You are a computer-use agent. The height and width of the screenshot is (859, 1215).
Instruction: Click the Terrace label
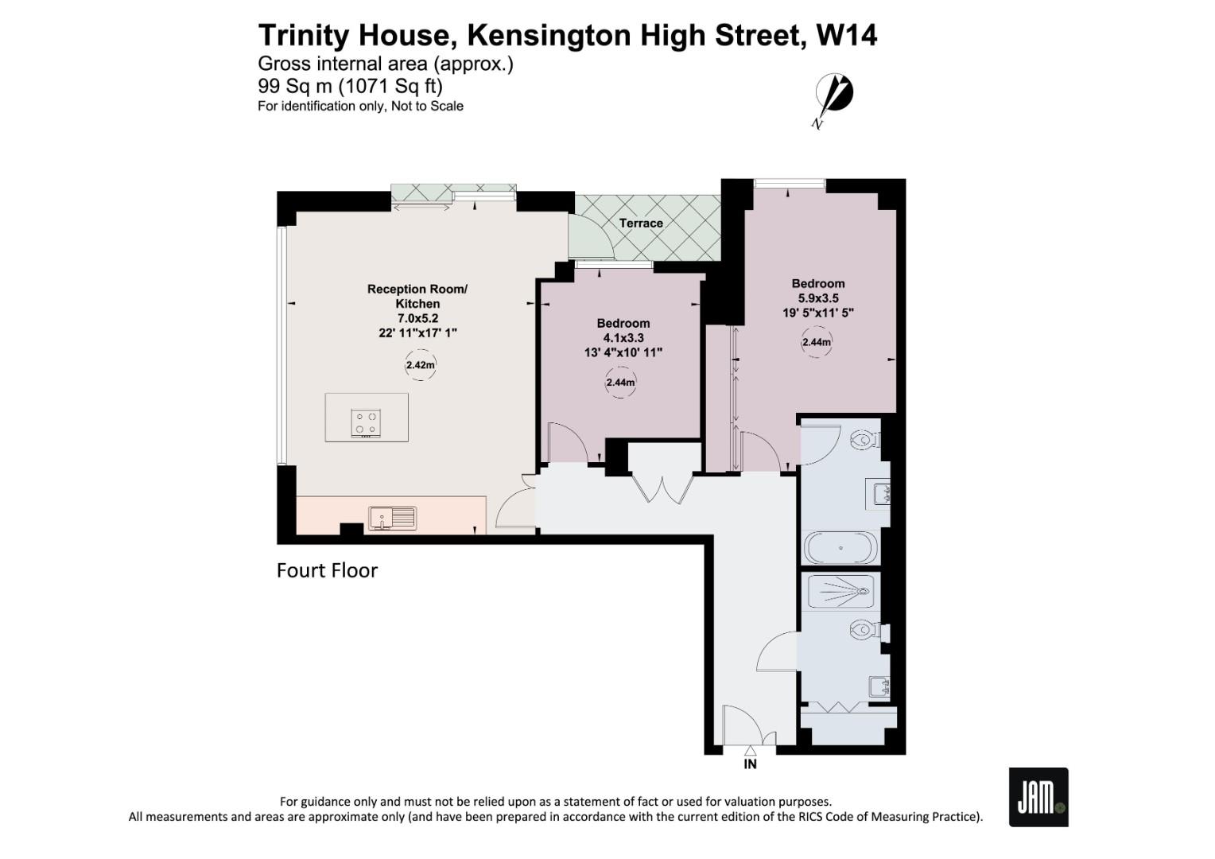point(641,223)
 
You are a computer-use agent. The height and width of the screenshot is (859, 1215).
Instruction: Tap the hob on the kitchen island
point(366,422)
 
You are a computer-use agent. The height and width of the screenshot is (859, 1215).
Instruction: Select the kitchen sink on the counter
point(392,518)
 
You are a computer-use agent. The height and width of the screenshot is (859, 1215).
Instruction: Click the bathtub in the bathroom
point(840,548)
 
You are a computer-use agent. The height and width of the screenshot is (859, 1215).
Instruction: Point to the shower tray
point(840,591)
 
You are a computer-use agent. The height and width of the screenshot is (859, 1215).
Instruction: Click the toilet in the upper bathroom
point(864,439)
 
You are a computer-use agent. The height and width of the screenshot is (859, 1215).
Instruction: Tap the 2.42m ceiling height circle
point(420,366)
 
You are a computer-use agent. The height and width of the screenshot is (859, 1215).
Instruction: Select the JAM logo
point(1038,797)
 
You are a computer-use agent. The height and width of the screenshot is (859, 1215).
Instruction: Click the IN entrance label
point(750,764)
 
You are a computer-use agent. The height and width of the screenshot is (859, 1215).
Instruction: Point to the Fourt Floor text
point(327,570)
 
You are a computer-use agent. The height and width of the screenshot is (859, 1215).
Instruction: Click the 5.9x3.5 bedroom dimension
point(818,298)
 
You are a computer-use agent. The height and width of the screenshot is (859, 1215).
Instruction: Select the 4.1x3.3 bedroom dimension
point(623,338)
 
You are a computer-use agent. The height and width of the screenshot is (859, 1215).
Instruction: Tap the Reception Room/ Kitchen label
point(417,296)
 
